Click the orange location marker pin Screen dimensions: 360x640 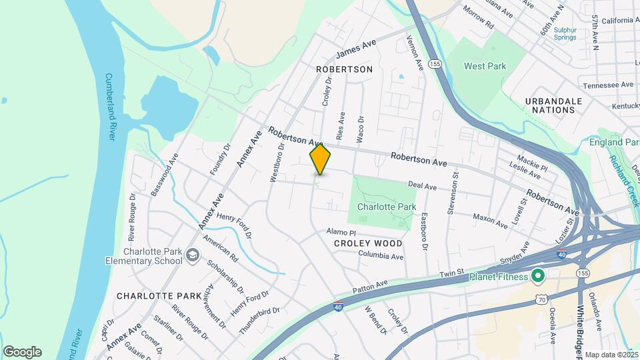(x=320, y=159)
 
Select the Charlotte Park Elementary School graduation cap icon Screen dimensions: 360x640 (x=193, y=255)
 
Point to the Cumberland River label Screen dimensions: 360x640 (x=111, y=107)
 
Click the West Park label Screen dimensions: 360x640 (x=485, y=66)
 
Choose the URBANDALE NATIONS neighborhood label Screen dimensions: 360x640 (x=553, y=105)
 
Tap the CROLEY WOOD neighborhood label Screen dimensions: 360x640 (x=369, y=243)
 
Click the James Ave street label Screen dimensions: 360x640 (x=357, y=48)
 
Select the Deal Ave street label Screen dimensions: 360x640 (x=422, y=187)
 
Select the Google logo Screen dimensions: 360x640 (x=22, y=352)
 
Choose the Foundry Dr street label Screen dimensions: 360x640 (x=219, y=159)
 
